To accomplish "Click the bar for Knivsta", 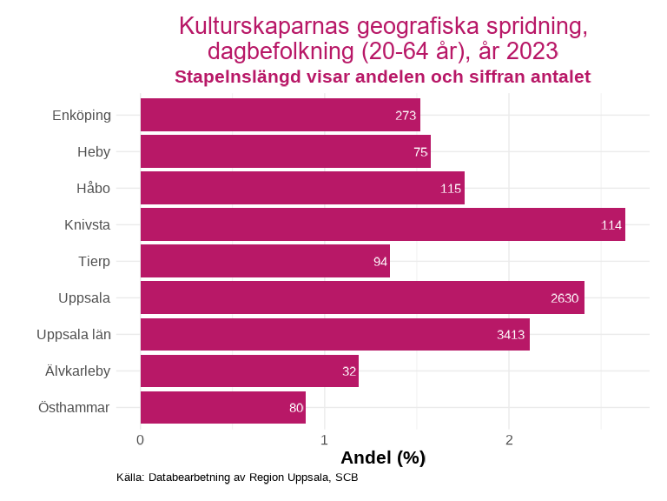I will pos(382,224).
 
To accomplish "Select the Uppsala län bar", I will pos(334,335).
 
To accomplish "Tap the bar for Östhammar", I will pos(222,407).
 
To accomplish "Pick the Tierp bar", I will pos(265,261).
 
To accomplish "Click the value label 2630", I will pos(565,298).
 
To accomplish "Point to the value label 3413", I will pos(511,335).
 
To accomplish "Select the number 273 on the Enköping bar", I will pos(406,116).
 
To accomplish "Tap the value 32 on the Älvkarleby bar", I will pos(349,371).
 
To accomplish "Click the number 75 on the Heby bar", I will pos(420,152).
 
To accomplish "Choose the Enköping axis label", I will pos(82,116).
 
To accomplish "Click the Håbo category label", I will pos(93,188).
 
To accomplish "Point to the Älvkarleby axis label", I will pos(78,371).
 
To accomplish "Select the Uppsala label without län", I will pos(84,298).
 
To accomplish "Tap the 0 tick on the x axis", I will pos(140,439).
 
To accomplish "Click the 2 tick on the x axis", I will pos(509,439).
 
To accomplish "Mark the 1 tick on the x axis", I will pos(324,439).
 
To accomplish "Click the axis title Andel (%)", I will pos(383,458).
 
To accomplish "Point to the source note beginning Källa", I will pos(237,478).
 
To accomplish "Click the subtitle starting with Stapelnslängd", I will pos(382,77).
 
